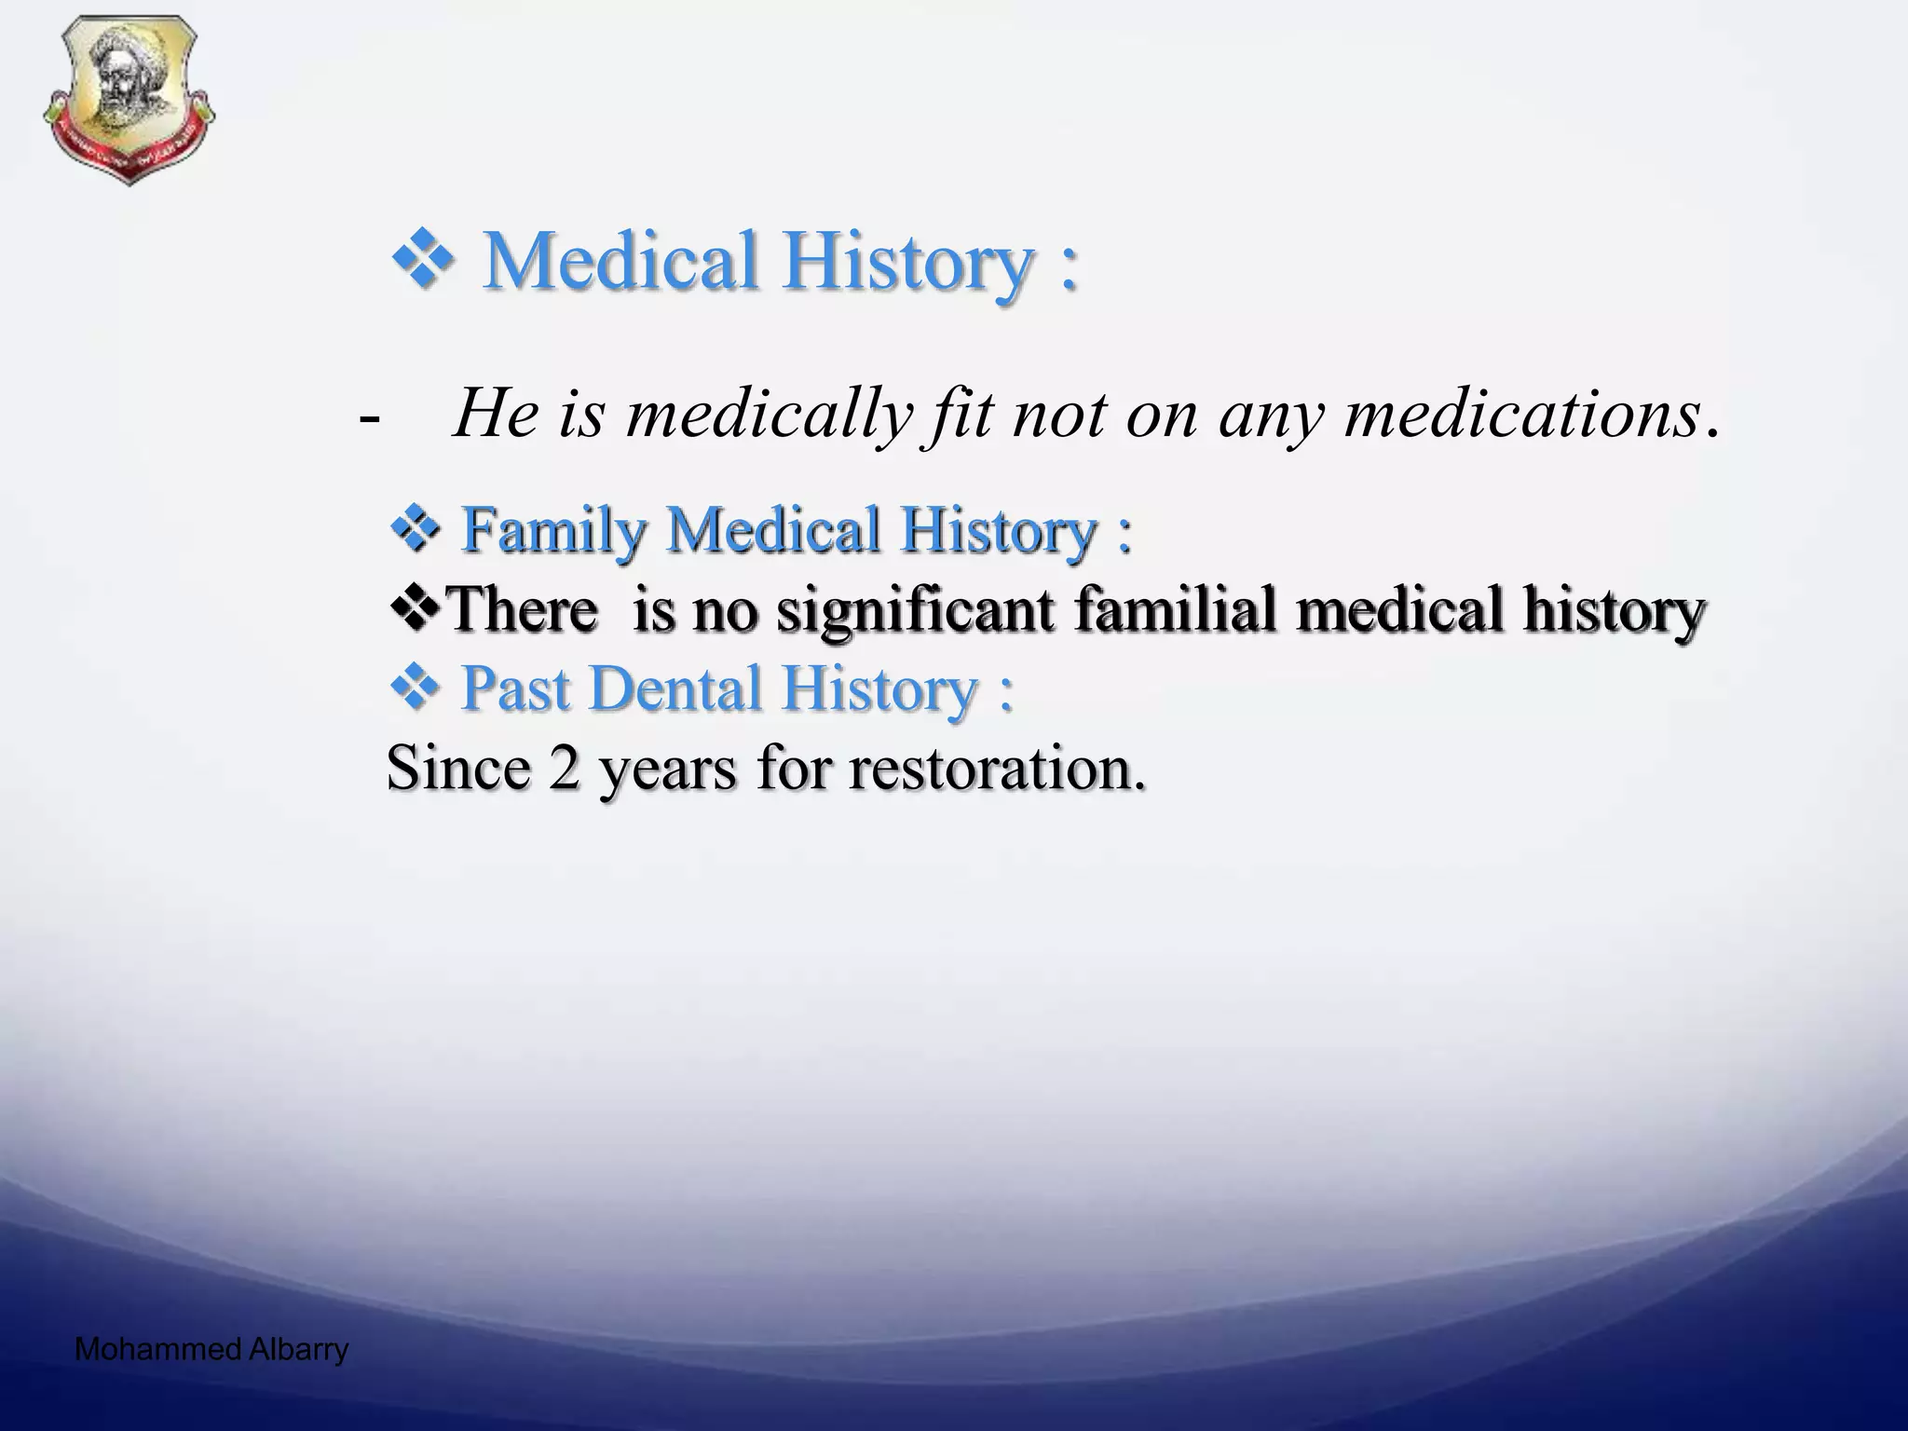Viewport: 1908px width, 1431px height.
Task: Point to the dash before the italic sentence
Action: [369, 419]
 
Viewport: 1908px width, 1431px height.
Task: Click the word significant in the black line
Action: [916, 611]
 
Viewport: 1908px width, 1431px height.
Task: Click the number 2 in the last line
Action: [564, 770]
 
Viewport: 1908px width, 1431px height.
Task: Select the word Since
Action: [457, 770]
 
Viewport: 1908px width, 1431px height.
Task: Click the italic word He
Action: [494, 414]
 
